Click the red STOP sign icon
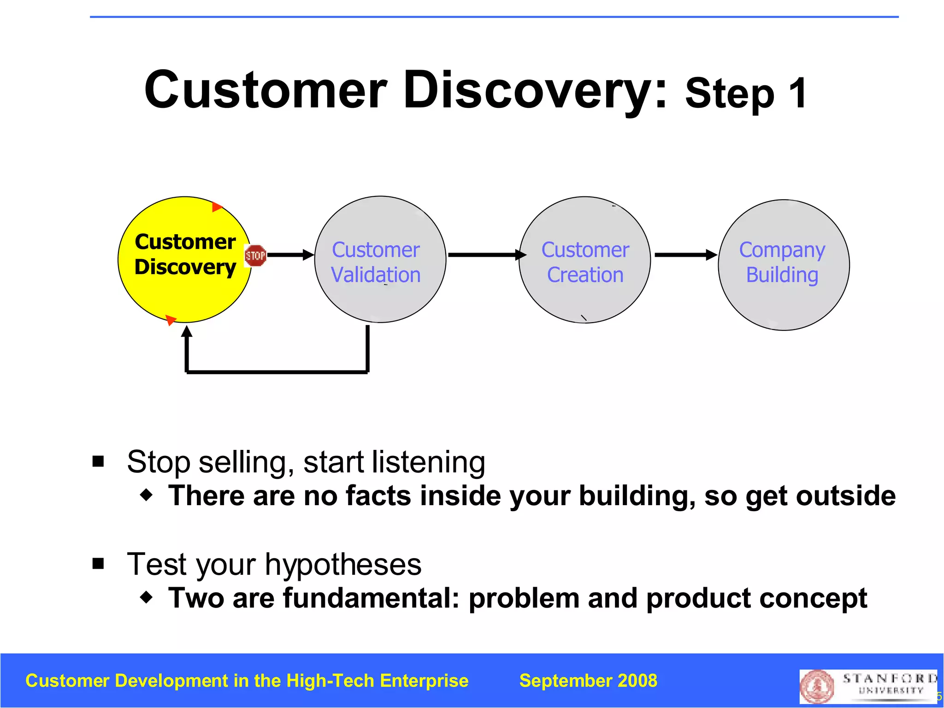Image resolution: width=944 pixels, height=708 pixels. (255, 255)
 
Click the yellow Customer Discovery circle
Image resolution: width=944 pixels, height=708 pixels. (184, 295)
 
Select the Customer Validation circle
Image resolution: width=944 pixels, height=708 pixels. (380, 300)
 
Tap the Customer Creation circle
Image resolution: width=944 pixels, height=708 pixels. (584, 300)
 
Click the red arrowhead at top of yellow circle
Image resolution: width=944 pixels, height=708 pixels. (217, 207)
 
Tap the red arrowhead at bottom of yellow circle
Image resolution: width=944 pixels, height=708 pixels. (171, 319)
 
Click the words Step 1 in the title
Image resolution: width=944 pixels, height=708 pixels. (746, 94)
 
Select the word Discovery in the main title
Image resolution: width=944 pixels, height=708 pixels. (535, 90)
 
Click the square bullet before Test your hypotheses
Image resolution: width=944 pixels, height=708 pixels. (98, 563)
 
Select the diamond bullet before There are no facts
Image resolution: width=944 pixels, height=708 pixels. (147, 496)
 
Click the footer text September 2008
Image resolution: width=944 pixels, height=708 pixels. (588, 681)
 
